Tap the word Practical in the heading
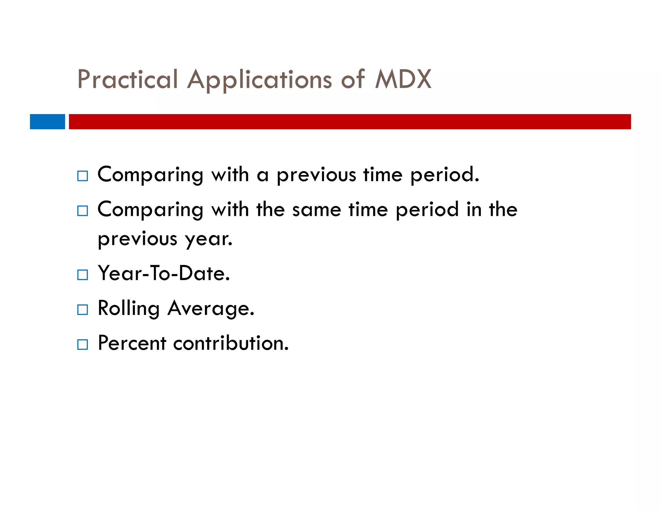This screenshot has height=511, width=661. click(x=127, y=79)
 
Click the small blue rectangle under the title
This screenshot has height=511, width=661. click(x=47, y=122)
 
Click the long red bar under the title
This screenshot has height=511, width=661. click(x=350, y=122)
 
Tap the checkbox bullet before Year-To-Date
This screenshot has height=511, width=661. click(x=83, y=275)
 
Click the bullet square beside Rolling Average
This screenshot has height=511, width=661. click(x=83, y=310)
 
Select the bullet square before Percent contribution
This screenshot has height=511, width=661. click(x=83, y=345)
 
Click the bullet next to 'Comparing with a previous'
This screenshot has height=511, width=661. click(x=83, y=176)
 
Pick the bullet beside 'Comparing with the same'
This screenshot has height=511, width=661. click(x=83, y=211)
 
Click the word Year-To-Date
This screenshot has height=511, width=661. click(x=164, y=273)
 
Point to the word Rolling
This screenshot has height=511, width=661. click(x=128, y=308)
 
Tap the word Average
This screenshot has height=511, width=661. click(x=211, y=308)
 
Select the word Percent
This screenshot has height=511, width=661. click(x=132, y=343)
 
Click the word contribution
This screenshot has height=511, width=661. click(x=231, y=343)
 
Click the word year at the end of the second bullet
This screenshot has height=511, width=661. click(x=208, y=239)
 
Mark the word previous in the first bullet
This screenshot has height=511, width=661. click(x=316, y=175)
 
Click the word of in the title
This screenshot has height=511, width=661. click(x=353, y=79)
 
